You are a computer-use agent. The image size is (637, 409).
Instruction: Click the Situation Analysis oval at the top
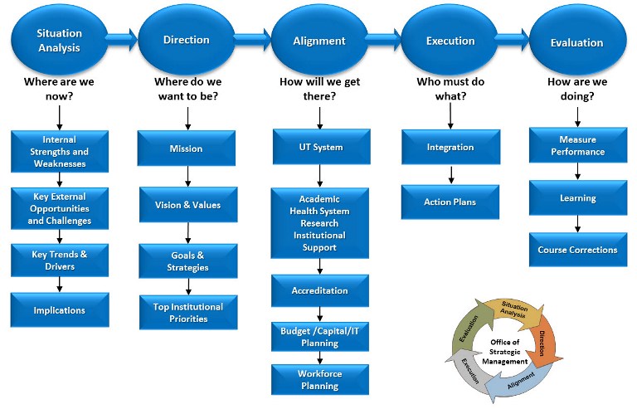coord(59,40)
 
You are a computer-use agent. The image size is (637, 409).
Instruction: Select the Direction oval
coord(186,40)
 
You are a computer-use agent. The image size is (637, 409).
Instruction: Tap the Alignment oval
coord(319,40)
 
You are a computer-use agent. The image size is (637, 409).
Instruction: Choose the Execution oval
coord(450,40)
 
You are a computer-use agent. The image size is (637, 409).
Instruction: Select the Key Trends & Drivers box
coord(59,261)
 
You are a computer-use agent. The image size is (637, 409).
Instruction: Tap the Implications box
coord(59,310)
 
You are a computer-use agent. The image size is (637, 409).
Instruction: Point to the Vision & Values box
coord(187,205)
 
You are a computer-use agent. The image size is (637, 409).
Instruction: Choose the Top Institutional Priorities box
coord(187,312)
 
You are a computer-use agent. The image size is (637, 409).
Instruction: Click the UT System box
coord(320,148)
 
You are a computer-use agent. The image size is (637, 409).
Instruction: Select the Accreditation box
coord(320,291)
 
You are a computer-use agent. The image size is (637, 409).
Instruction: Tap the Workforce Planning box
coord(320,379)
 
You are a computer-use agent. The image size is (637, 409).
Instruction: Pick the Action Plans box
coord(450,202)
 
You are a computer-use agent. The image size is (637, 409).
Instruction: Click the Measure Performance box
coord(577,146)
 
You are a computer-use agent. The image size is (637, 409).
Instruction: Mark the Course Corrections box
coord(577,250)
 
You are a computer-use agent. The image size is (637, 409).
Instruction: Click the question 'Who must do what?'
coord(450,90)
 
